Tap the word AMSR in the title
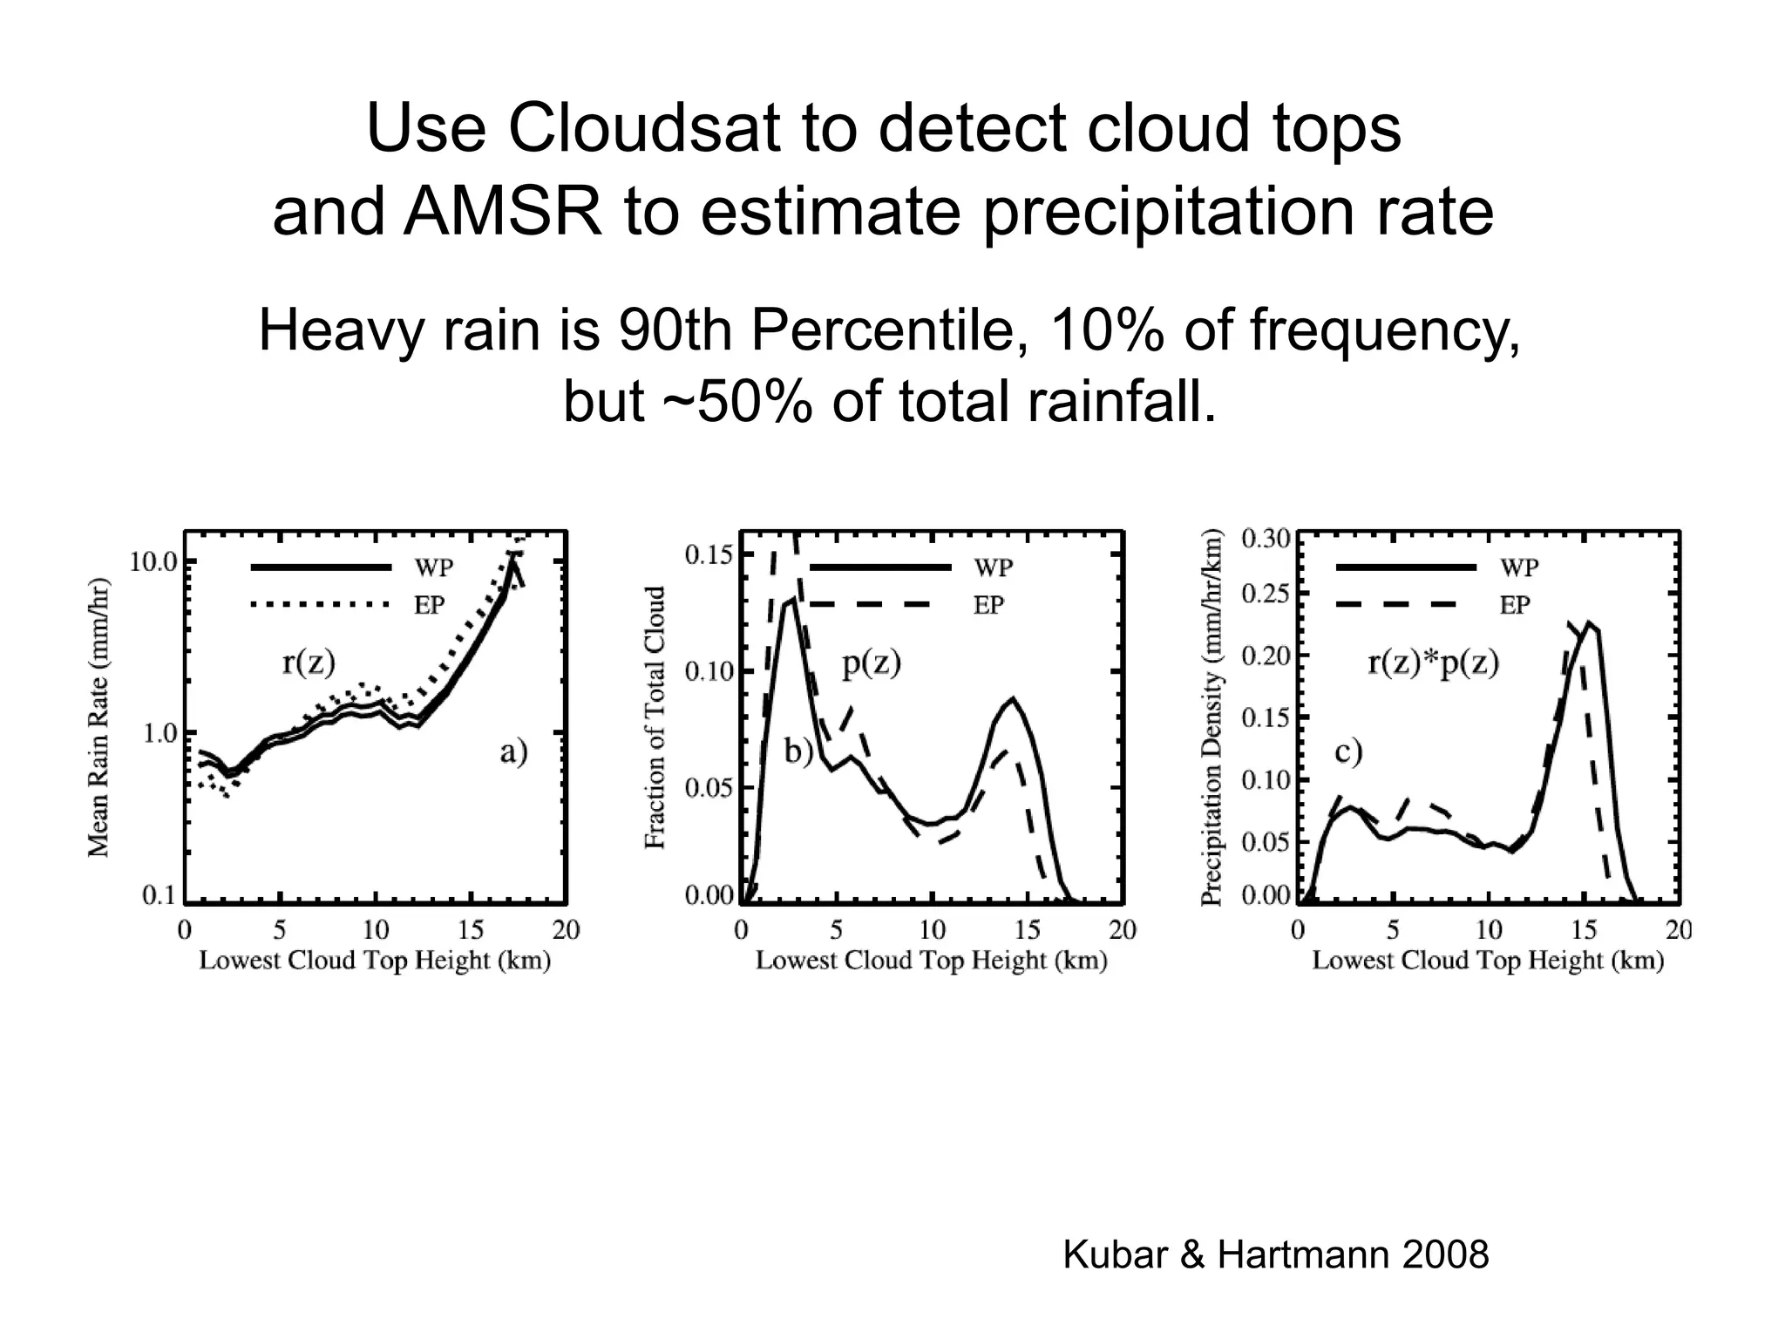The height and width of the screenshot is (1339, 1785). point(502,212)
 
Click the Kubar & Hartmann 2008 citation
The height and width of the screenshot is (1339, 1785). point(1276,1255)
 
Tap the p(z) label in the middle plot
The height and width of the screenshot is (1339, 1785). point(871,663)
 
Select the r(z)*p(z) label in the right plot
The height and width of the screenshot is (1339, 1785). point(1433,663)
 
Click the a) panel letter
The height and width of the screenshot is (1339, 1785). point(513,751)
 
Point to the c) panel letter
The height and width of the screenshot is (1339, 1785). point(1348,751)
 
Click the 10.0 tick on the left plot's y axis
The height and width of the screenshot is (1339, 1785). point(154,562)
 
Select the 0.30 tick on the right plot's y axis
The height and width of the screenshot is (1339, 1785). point(1265,539)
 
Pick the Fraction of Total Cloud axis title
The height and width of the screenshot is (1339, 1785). point(655,717)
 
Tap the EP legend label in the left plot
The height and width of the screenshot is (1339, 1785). point(429,605)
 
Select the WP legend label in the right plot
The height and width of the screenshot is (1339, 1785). point(1519,568)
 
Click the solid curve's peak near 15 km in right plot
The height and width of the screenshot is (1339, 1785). point(1590,622)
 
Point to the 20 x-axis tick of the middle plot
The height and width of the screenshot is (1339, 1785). point(1123,931)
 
